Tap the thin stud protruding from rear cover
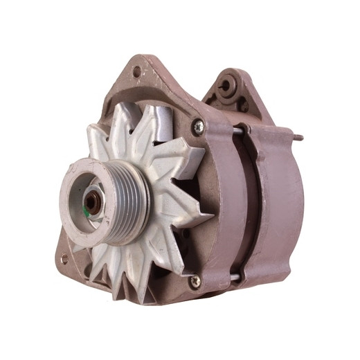[297, 137]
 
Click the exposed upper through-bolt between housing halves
[240, 129]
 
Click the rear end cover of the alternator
[280, 208]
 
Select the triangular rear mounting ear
[232, 93]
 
